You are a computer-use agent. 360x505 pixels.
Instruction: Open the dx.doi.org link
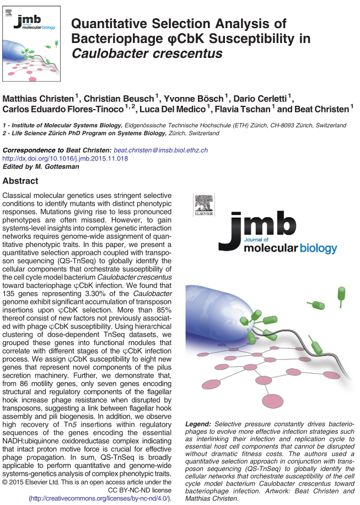coord(66,158)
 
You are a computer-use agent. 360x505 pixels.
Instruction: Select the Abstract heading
coord(20,181)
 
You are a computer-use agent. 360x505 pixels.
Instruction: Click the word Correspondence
coord(26,150)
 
